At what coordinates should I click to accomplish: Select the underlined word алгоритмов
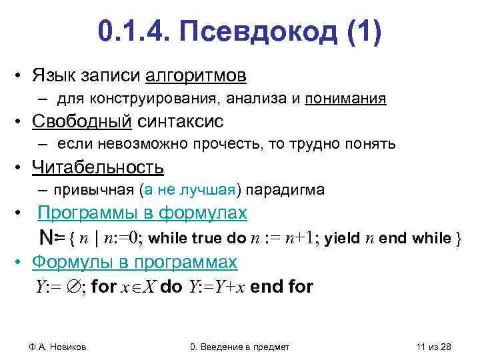[x=201, y=76]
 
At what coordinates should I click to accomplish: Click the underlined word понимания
[x=345, y=99]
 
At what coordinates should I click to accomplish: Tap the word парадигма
[x=286, y=190]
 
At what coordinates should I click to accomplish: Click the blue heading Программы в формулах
[x=143, y=213]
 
